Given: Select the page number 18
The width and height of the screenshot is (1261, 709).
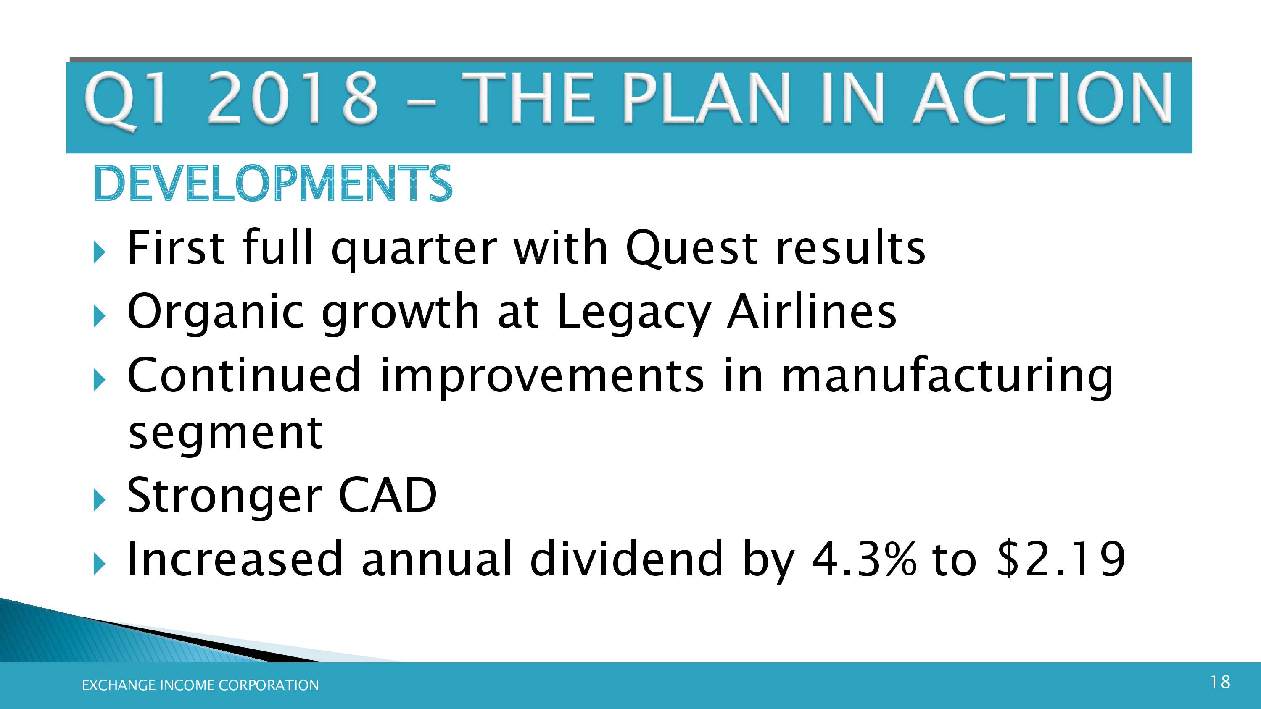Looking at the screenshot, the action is click(1220, 682).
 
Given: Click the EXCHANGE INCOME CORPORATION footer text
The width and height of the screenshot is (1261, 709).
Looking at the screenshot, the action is click(200, 685).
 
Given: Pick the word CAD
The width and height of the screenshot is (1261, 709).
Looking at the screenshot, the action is click(387, 495).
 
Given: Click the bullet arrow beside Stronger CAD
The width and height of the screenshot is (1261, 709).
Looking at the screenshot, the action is click(99, 501).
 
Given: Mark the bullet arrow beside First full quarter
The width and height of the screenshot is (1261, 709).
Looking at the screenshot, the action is click(99, 253).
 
